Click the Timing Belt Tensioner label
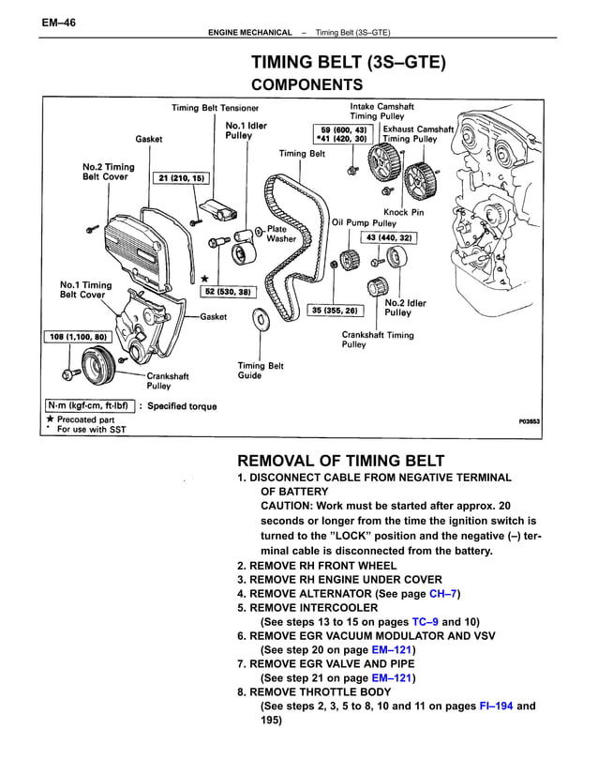215,108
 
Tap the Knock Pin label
404,212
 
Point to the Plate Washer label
281,234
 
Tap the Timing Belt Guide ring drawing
259,322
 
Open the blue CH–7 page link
442,595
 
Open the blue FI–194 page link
495,706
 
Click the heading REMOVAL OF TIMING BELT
341,461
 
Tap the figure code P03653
531,422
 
